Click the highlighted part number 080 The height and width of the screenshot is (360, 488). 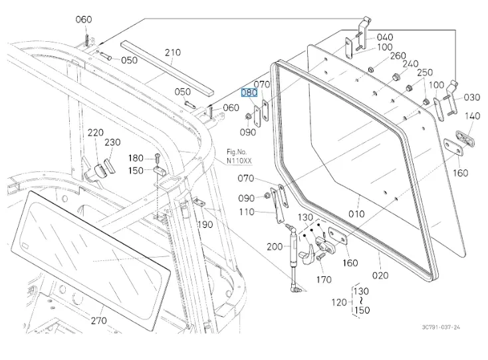coord(249,93)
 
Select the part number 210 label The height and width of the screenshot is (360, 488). coord(173,52)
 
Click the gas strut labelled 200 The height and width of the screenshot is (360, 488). coord(293,256)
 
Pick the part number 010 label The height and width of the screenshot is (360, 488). coord(357,214)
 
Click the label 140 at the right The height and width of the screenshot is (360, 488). coord(471,116)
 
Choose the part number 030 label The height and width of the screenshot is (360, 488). coord(471,98)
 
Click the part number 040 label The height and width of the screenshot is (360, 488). coord(384,37)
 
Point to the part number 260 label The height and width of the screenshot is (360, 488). coord(398,55)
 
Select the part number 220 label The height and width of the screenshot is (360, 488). coord(95,132)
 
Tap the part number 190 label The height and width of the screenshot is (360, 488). coord(205,225)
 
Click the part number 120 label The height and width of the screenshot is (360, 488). coord(338,302)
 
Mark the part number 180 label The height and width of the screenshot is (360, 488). coord(136,158)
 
